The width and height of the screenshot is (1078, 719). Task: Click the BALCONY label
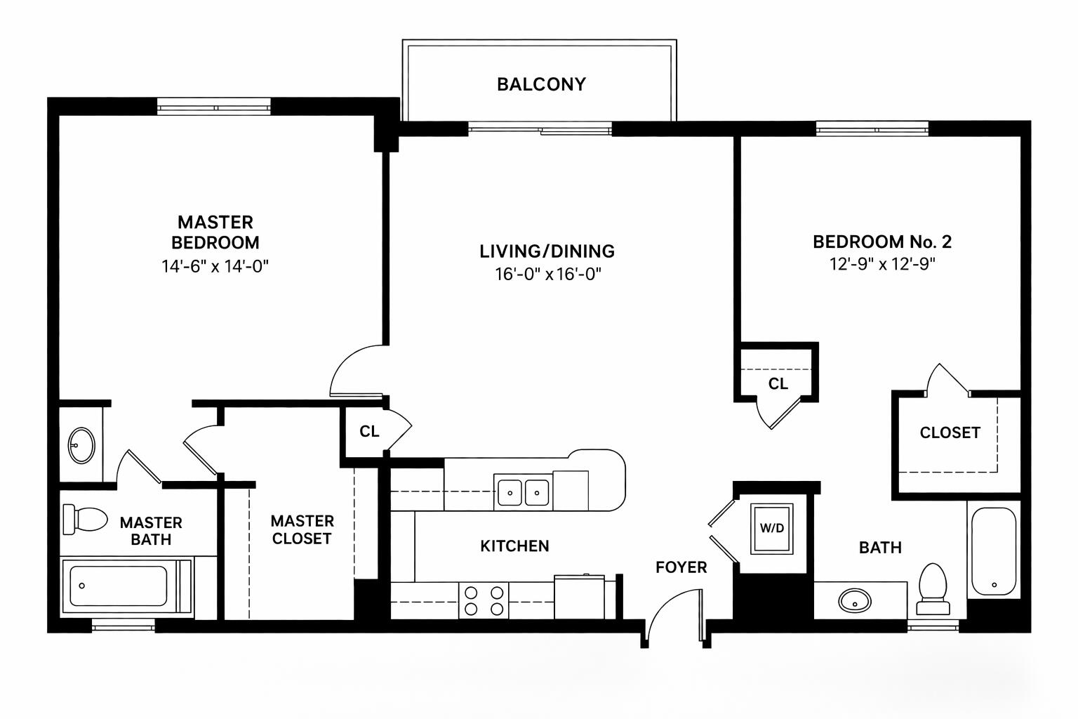(x=541, y=84)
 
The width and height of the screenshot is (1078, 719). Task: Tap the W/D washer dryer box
(x=771, y=528)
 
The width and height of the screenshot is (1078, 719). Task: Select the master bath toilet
(x=85, y=519)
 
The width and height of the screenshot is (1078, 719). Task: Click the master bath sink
(x=81, y=444)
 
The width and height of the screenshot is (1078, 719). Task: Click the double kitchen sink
(x=523, y=492)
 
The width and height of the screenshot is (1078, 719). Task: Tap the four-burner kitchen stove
(x=484, y=600)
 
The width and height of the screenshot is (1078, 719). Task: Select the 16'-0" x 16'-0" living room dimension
(x=548, y=274)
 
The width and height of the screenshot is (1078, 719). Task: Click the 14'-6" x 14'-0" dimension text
(x=215, y=266)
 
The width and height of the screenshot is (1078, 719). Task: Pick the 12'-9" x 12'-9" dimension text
(x=882, y=264)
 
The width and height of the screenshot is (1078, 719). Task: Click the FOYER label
(x=681, y=567)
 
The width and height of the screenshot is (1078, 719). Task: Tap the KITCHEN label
(x=514, y=546)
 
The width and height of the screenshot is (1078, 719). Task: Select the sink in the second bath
(x=854, y=600)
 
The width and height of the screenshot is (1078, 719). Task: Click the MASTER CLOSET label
(x=302, y=529)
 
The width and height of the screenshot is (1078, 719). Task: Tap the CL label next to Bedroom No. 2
(x=778, y=383)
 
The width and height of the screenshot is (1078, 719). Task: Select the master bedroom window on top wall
(x=213, y=107)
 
